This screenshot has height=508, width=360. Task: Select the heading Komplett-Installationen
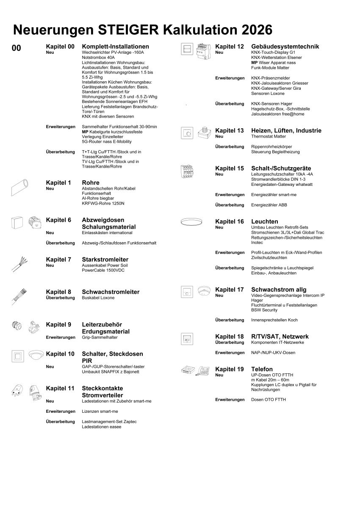coord(115,47)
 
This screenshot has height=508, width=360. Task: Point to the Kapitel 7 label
coord(58,260)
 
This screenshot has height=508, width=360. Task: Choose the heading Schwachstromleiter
coord(111,292)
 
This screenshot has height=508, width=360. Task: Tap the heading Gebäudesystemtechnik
coord(285,47)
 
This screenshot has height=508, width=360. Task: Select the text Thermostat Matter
coord(269,136)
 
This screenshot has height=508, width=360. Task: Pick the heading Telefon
coord(262,369)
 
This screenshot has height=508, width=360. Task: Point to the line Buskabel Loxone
coord(98,298)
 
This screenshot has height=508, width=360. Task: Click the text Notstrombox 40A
coord(98,57)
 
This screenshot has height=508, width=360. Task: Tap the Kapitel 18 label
coord(230,337)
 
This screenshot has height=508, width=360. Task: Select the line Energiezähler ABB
coord(269,205)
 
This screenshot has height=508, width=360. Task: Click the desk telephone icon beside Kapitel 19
coord(203,371)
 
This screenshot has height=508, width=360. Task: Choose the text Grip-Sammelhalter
coord(100,337)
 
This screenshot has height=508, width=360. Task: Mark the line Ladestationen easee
coord(102,427)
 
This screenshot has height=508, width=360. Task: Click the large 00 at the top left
coord(16,48)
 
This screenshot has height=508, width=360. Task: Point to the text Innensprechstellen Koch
coord(274,320)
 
